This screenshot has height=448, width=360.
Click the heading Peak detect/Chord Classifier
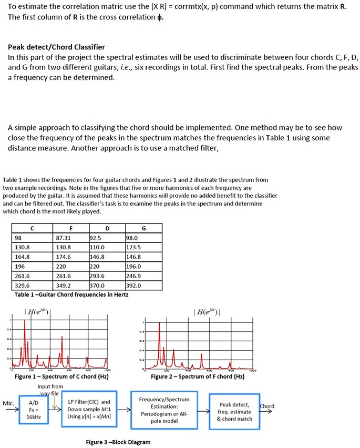[x=57, y=47]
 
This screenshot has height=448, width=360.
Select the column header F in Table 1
[x=70, y=228]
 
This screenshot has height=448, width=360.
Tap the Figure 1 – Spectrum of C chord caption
[x=62, y=376]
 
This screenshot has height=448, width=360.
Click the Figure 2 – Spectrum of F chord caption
[x=198, y=376]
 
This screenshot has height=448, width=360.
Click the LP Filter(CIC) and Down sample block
[x=89, y=409]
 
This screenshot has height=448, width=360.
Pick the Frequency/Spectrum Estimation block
[x=164, y=410]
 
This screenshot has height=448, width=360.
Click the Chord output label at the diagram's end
[x=267, y=406]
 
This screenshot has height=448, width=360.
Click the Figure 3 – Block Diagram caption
[x=118, y=442]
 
